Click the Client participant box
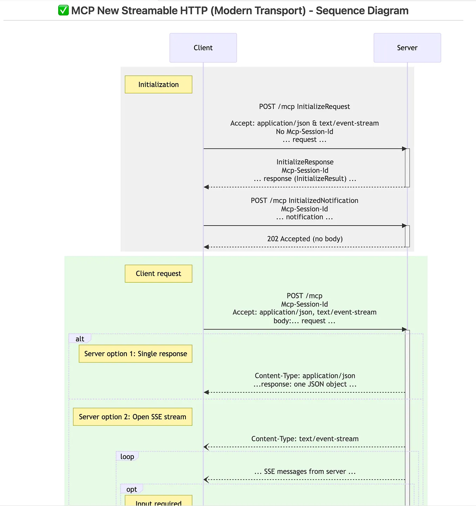(203, 48)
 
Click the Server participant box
(407, 48)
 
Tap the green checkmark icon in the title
(63, 11)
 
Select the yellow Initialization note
(158, 85)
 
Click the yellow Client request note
(158, 274)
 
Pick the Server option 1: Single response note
(135, 354)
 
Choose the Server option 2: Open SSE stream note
(132, 417)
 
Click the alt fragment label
(80, 339)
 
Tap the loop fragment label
(127, 457)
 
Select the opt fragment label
(131, 489)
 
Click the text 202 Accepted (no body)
(305, 239)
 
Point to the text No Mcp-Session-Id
(305, 132)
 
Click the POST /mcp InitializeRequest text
(305, 107)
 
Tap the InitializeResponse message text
(305, 162)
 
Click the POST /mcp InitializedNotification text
(305, 201)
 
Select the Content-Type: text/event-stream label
(305, 439)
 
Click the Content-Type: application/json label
(305, 376)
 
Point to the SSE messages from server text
(305, 472)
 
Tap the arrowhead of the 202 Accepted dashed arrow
(206, 247)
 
